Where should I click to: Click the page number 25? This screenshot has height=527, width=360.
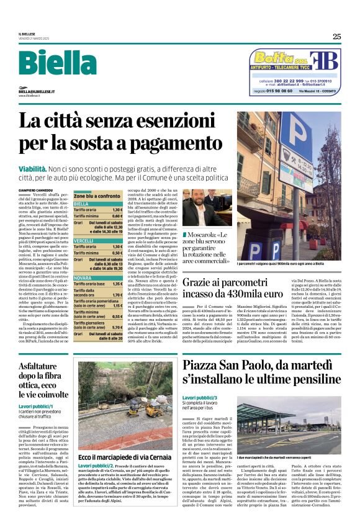336,36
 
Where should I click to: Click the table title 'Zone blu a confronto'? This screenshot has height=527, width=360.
97,196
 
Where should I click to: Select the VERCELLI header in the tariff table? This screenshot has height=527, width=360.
84,240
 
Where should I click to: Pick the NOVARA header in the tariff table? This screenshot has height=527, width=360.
83,278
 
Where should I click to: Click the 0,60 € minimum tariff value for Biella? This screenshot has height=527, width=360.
116,215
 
